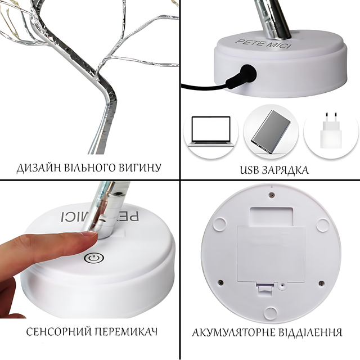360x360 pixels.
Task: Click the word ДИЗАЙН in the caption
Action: [x=38, y=168]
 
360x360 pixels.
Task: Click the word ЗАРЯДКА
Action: [x=285, y=170]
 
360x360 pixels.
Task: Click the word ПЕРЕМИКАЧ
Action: [x=126, y=332]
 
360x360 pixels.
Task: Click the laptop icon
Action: [x=211, y=131]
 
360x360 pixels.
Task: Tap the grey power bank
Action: [x=271, y=132]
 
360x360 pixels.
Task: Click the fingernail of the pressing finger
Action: [x=89, y=234]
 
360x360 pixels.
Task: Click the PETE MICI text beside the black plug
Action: [x=263, y=44]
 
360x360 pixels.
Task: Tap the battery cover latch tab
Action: [x=265, y=287]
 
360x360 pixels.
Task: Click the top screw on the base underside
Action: [x=271, y=195]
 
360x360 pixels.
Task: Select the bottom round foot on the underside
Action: [x=271, y=312]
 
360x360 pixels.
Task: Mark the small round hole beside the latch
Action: [x=282, y=286]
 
